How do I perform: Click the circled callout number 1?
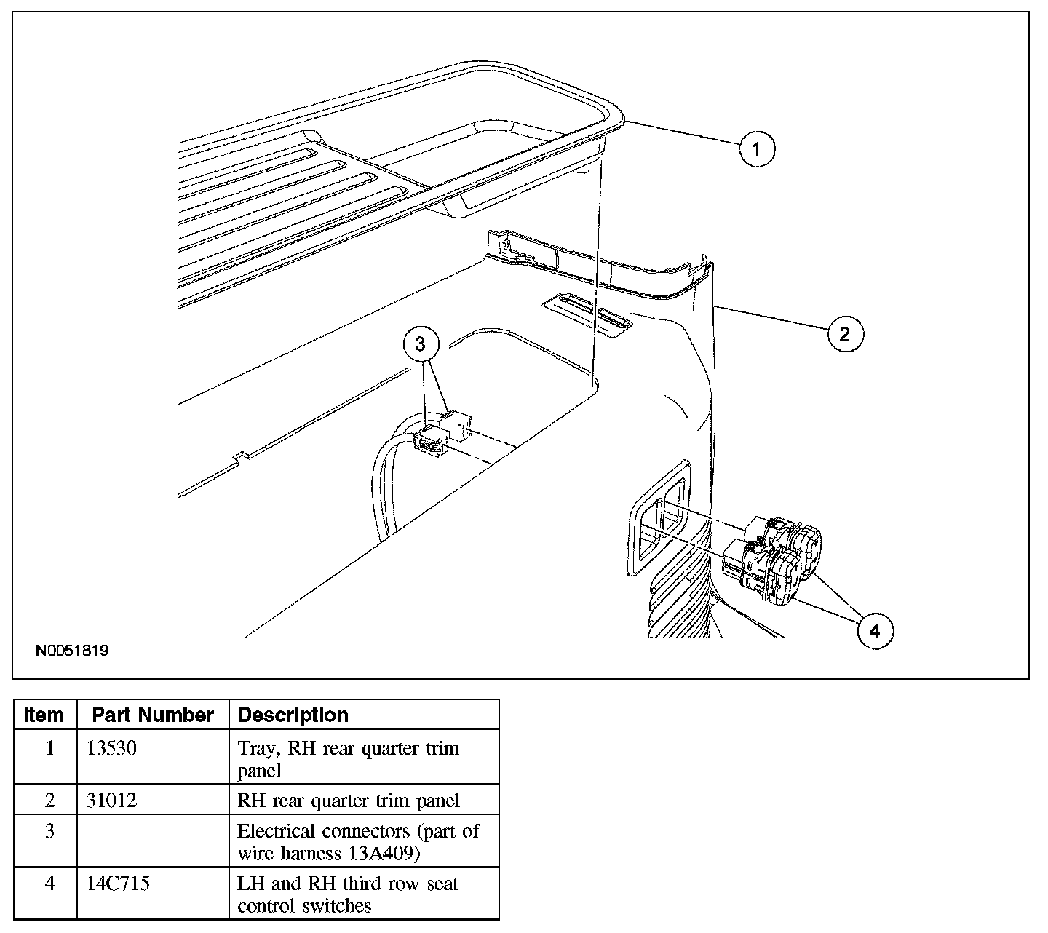coord(757,149)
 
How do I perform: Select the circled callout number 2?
coord(845,333)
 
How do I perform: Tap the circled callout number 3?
coord(421,344)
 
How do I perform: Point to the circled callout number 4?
coord(876,631)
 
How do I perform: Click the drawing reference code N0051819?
coord(72,651)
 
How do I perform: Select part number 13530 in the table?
coord(111,748)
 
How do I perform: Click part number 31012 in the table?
coord(111,801)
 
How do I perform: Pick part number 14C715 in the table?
coord(118,884)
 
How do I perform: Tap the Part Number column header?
coord(153,715)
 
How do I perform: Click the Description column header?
coord(293,715)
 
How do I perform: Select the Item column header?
coord(44,715)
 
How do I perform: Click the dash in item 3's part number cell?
coord(97,832)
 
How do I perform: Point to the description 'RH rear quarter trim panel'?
coord(348,801)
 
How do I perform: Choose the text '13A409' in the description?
coord(380,853)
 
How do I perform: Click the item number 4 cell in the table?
coord(49,884)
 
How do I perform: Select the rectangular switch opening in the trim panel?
coord(659,517)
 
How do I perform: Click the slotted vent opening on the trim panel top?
coord(587,314)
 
